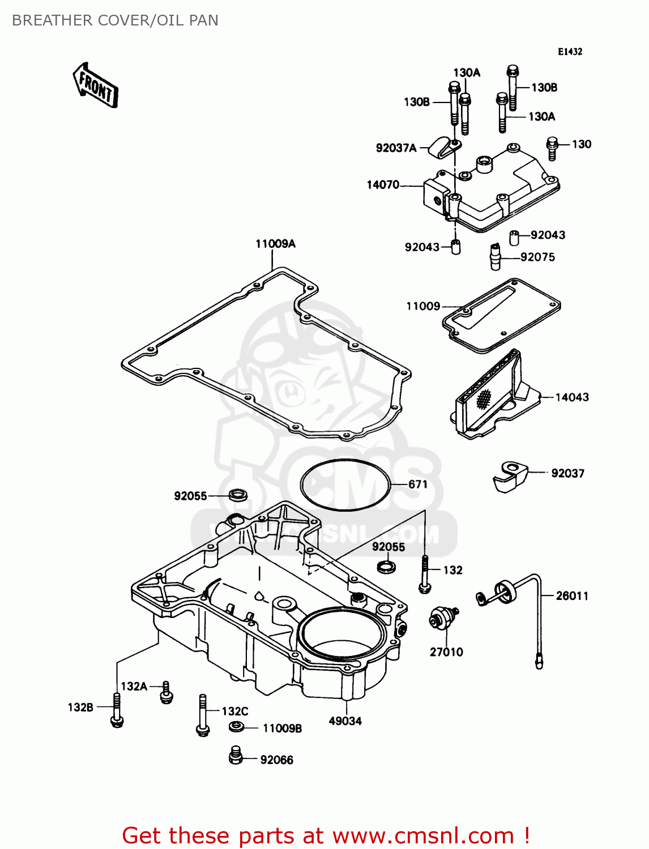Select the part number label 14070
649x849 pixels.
coord(383,185)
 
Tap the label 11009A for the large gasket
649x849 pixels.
coord(275,244)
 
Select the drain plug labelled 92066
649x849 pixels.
coord(236,756)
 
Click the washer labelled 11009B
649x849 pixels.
coord(237,727)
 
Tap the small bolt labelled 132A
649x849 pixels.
coord(165,692)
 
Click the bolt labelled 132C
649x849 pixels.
coord(202,715)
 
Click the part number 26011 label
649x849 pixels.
coord(572,596)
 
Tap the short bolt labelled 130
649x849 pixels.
coord(552,148)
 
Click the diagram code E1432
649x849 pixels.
coord(570,52)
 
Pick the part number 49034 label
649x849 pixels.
coord(345,721)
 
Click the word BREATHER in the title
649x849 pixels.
coord(52,20)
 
